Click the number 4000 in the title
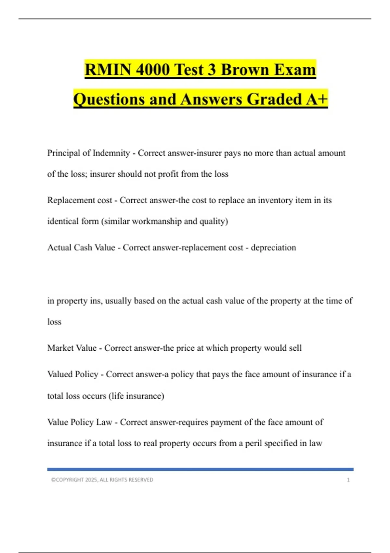pyautogui.click(x=153, y=70)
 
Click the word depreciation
pyautogui.click(x=273, y=248)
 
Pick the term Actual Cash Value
pyautogui.click(x=81, y=248)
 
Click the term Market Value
pyautogui.click(x=72, y=348)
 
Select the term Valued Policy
pyautogui.click(x=73, y=374)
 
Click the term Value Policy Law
pyautogui.click(x=80, y=422)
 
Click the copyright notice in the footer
pyautogui.click(x=102, y=480)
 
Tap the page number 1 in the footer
pyautogui.click(x=348, y=480)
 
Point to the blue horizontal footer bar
pyautogui.click(x=200, y=469)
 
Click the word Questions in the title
pyautogui.click(x=109, y=99)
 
